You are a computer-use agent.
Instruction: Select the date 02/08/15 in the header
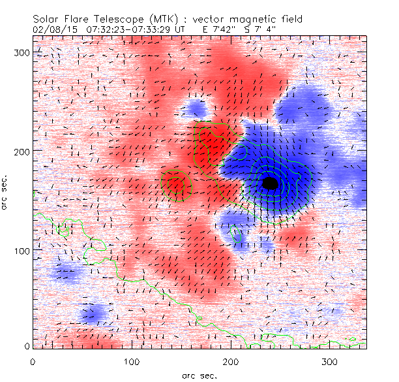coord(52,30)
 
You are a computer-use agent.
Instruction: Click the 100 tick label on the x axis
coord(132,361)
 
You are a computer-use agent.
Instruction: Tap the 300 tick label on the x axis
coord(330,361)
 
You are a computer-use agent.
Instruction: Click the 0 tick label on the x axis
coord(33,361)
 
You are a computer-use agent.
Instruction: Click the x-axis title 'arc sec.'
coord(199,375)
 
